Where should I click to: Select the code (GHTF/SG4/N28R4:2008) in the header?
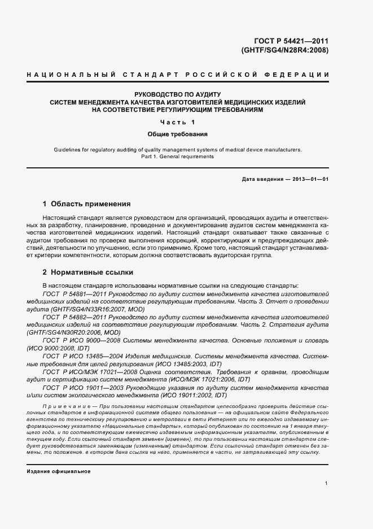click(285, 50)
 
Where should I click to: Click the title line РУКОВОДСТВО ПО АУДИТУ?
click(177, 94)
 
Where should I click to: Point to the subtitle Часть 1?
click(177, 123)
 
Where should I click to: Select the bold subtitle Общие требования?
click(177, 135)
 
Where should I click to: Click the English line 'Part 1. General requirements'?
click(177, 157)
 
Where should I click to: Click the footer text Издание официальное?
click(59, 471)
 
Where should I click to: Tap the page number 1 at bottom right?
click(327, 484)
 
